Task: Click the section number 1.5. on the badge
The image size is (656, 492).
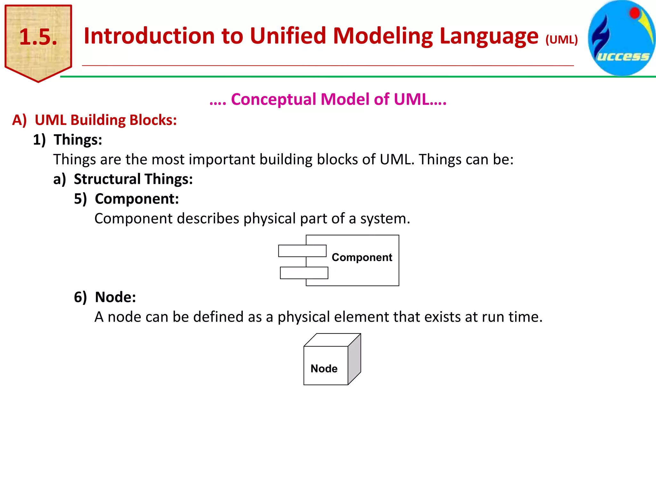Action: (38, 37)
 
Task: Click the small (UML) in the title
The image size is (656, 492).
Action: (562, 40)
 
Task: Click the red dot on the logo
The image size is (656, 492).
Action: (635, 13)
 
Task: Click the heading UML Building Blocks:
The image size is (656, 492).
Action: (106, 120)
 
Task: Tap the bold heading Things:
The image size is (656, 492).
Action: (78, 140)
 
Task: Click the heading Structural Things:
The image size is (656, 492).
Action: (133, 179)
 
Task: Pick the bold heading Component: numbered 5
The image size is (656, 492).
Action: (137, 199)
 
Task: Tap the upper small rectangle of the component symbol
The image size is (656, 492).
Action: (302, 251)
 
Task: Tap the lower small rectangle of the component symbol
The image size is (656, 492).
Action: (304, 273)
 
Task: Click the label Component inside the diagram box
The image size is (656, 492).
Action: (362, 257)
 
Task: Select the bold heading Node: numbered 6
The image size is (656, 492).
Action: (115, 297)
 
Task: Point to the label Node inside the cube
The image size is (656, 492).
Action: (324, 369)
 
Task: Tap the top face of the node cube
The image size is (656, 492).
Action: (332, 340)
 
